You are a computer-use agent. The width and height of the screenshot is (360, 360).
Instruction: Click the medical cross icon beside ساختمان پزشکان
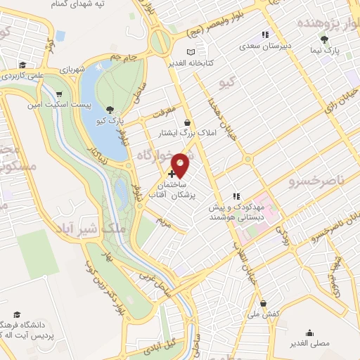tap(172, 173)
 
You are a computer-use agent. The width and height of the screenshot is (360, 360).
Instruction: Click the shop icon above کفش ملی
tap(263, 304)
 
